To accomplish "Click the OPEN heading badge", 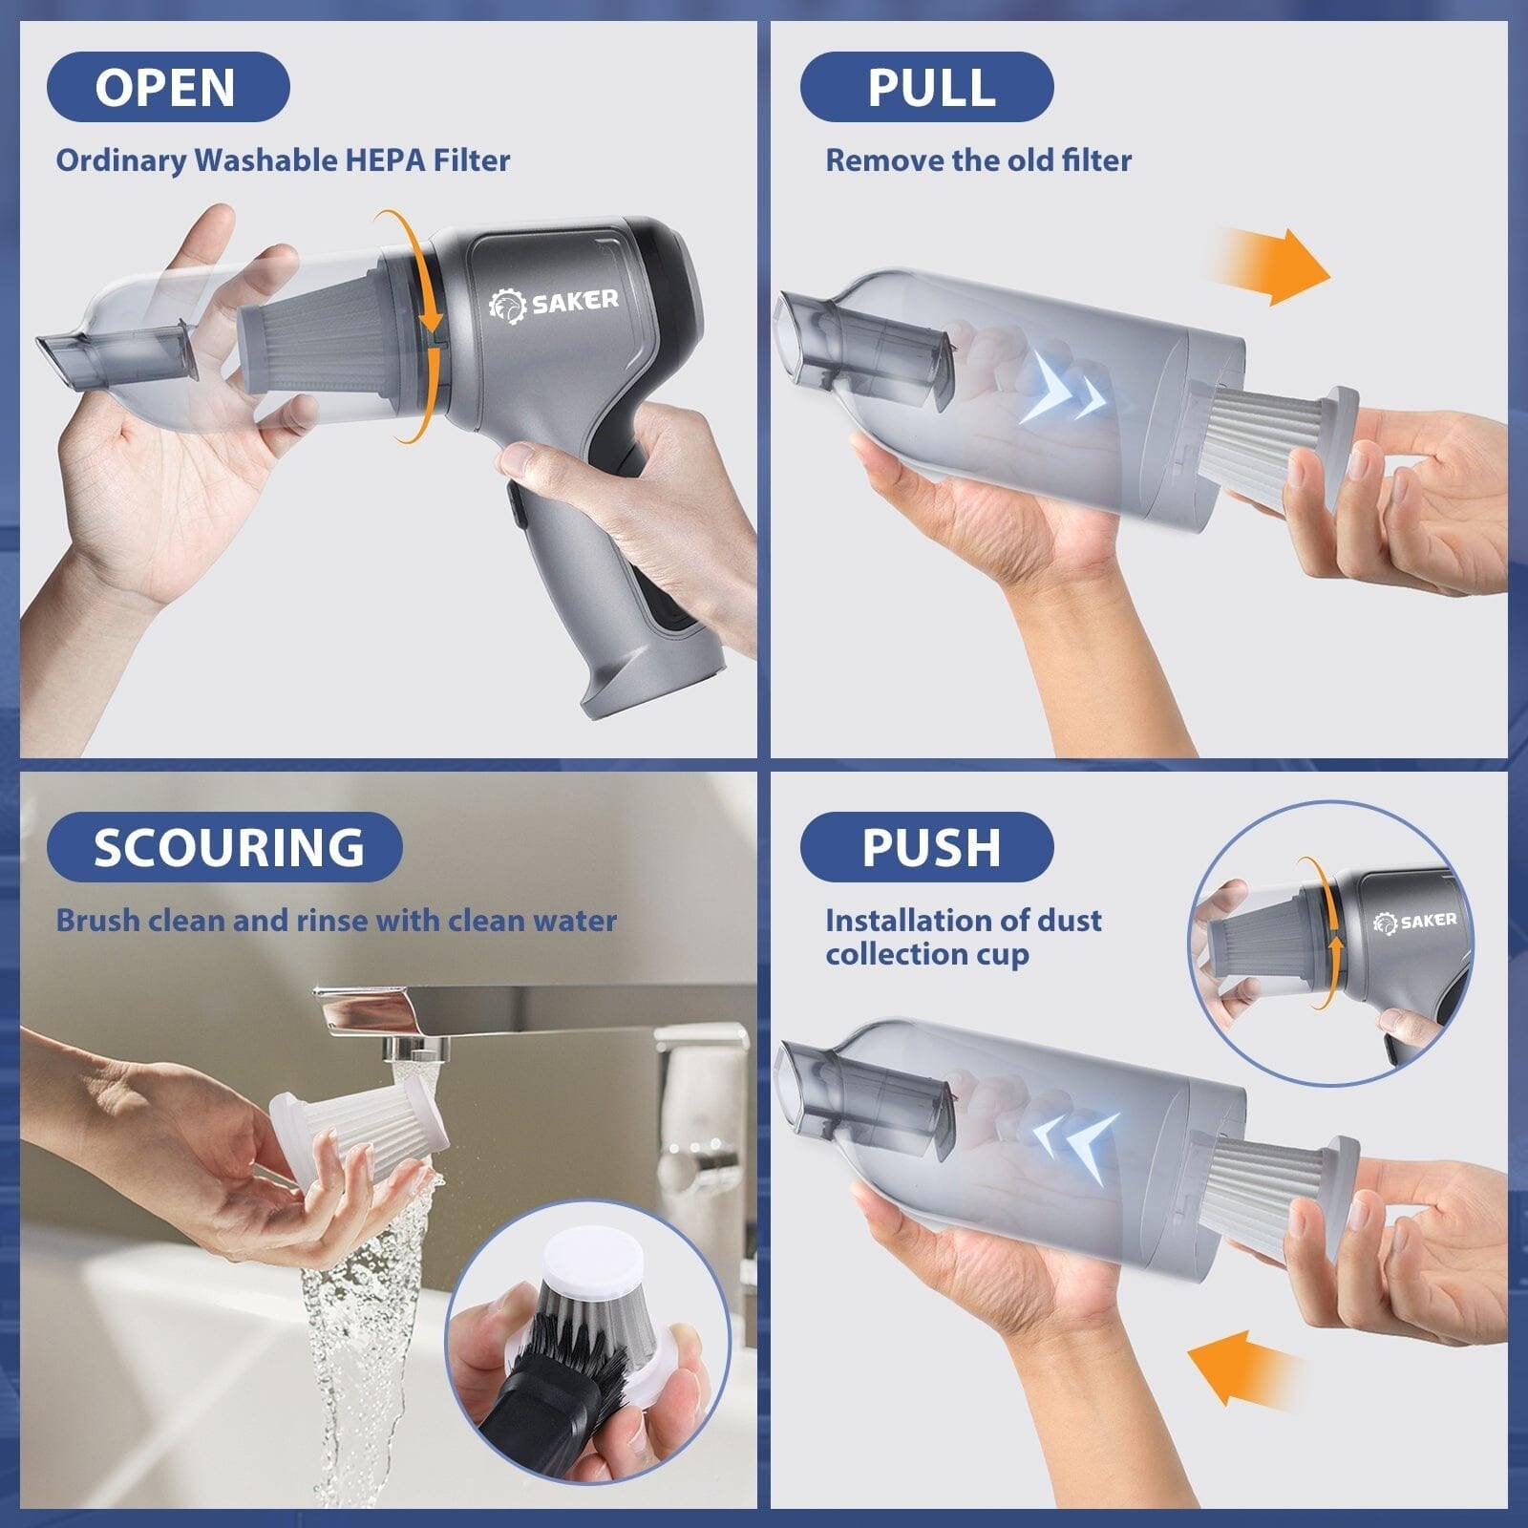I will click(x=167, y=87).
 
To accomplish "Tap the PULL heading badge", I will click(x=926, y=87).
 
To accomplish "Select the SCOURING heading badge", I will click(x=225, y=847).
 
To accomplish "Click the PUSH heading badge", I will click(x=926, y=847).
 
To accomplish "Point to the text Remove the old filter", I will click(x=978, y=159).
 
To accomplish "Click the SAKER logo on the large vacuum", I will click(x=555, y=303).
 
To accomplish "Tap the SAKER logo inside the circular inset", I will click(x=1414, y=921).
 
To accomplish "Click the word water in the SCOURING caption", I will click(x=574, y=921).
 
